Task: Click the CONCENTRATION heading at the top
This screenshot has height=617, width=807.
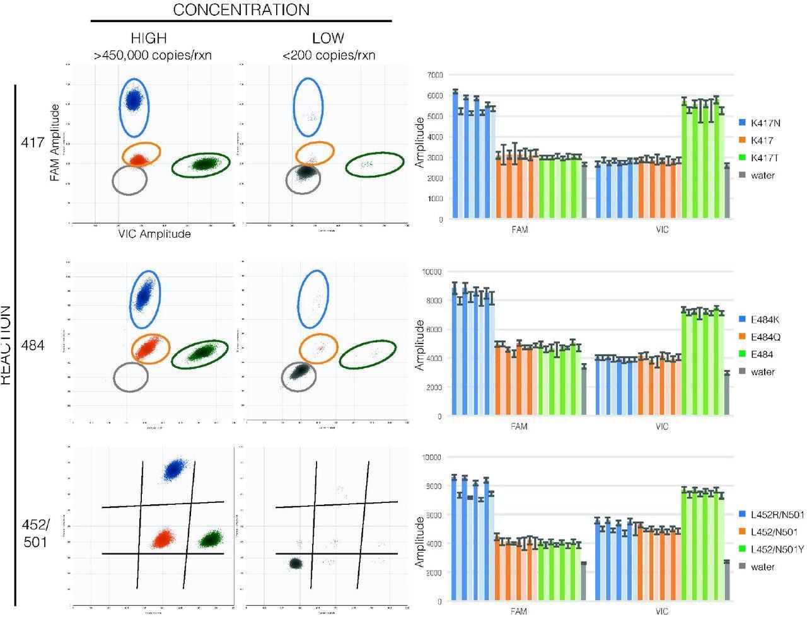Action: (241, 10)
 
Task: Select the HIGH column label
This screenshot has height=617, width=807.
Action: (149, 38)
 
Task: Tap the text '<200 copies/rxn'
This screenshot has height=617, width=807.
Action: (328, 55)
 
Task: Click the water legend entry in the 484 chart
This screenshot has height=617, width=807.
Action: (763, 372)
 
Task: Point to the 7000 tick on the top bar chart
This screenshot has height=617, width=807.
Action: (434, 75)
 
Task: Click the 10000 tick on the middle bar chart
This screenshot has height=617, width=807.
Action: (433, 272)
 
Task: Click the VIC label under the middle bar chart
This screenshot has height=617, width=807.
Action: (661, 427)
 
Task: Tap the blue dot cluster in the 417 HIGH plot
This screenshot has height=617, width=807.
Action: (133, 100)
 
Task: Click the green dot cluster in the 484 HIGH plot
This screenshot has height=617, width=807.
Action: (202, 352)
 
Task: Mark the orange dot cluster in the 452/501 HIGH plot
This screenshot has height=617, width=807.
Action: (163, 539)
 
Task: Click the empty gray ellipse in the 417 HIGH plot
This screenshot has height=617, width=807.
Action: (129, 180)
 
